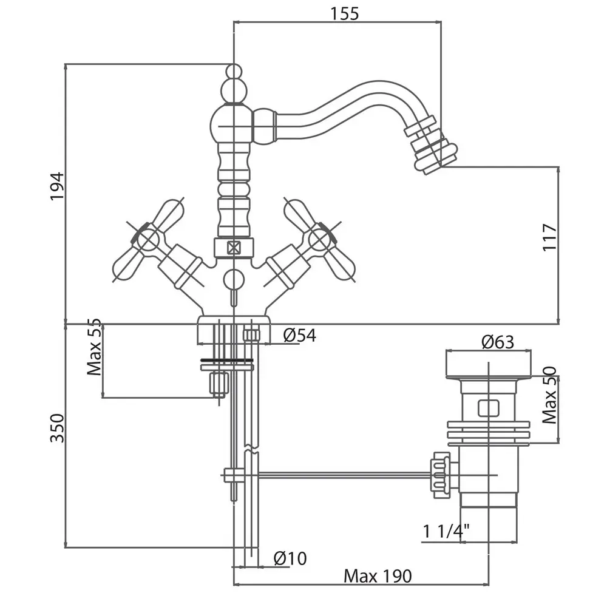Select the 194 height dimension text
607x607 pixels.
tap(56, 186)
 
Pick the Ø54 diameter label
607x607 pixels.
tap(299, 335)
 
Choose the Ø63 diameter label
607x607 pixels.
tap(498, 342)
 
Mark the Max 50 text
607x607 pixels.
tap(550, 395)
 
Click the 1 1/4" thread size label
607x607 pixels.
tap(447, 531)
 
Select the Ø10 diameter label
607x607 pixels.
tap(290, 558)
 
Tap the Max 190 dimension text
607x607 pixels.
tap(378, 575)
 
